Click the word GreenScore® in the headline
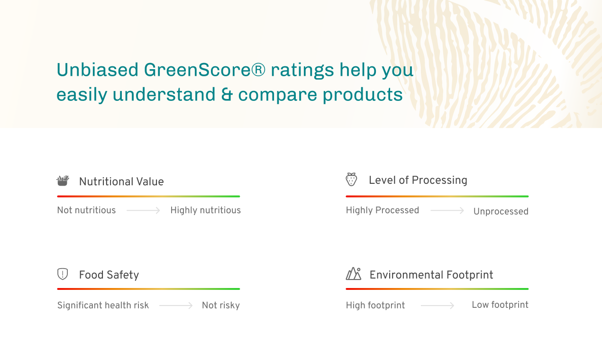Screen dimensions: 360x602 point(204,70)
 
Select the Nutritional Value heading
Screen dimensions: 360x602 point(121,181)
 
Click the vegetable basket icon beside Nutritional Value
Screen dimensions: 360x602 point(63,180)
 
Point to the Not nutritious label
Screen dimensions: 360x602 point(86,210)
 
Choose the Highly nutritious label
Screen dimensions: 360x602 point(205,210)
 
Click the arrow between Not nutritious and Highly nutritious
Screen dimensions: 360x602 point(143,210)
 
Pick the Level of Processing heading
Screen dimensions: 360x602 point(418,180)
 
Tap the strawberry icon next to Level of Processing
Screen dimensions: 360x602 point(351,180)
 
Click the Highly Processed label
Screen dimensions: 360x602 point(382,210)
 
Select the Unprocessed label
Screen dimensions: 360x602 point(501,211)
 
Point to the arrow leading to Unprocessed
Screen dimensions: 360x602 point(447,210)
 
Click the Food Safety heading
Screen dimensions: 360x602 point(109,275)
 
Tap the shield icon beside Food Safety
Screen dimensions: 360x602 point(63,274)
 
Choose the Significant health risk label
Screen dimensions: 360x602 point(103,306)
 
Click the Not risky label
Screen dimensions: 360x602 point(220,306)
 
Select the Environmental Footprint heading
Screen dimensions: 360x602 point(431,275)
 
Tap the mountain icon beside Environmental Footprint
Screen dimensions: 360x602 point(354,274)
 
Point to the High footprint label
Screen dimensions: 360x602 point(375,306)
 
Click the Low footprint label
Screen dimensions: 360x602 point(500,305)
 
